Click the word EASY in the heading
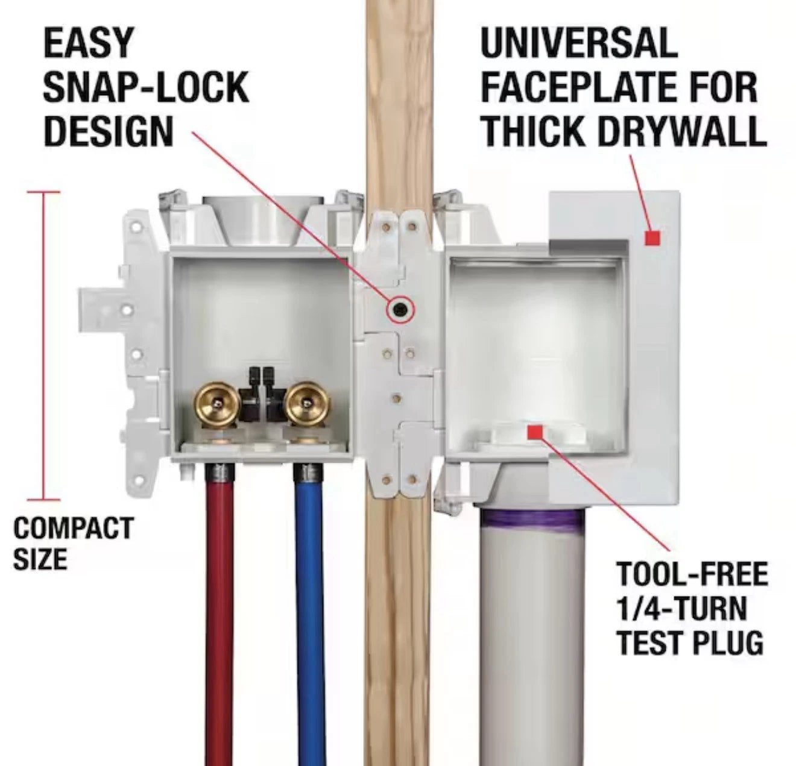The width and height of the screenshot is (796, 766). (x=88, y=43)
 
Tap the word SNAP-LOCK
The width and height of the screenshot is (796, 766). (x=145, y=87)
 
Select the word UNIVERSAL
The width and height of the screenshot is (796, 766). (x=579, y=43)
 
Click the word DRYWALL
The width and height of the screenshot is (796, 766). (x=682, y=131)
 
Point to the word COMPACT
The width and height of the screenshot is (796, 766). (x=73, y=528)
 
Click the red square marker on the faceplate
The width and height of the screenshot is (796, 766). (x=652, y=238)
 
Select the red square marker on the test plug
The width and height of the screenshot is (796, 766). (x=535, y=432)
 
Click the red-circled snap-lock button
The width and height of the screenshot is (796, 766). (x=400, y=309)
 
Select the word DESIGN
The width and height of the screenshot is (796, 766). (x=109, y=131)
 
